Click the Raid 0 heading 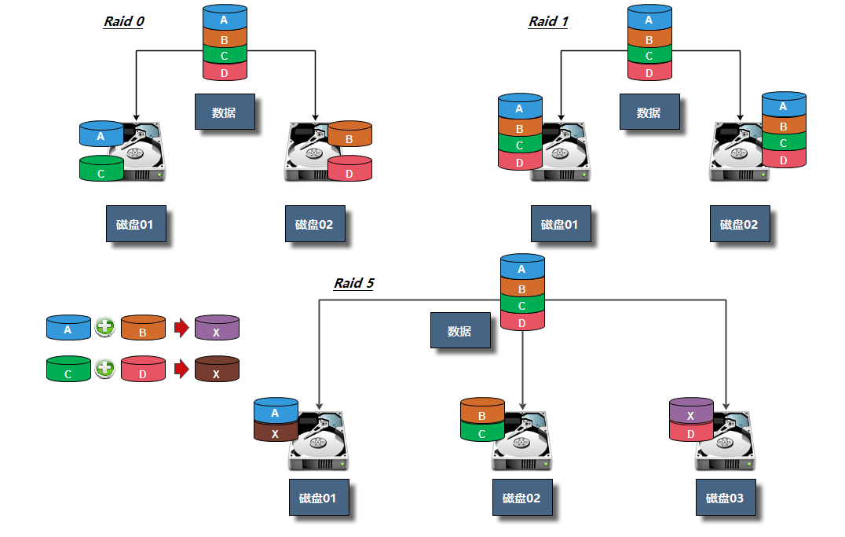123,21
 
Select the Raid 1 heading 547,21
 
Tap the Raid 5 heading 353,283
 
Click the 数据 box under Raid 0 225,112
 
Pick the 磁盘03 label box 726,498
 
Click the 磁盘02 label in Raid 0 314,224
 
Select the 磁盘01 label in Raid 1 560,224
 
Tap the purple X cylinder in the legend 217,329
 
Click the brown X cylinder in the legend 217,370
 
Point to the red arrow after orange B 181,328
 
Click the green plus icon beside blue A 104,328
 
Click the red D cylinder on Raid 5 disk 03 690,432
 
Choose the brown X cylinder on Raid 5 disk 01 276,432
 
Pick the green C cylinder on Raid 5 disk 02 481,432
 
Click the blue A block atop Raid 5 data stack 522,268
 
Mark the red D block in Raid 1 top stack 649,72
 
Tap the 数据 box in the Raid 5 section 460,331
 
